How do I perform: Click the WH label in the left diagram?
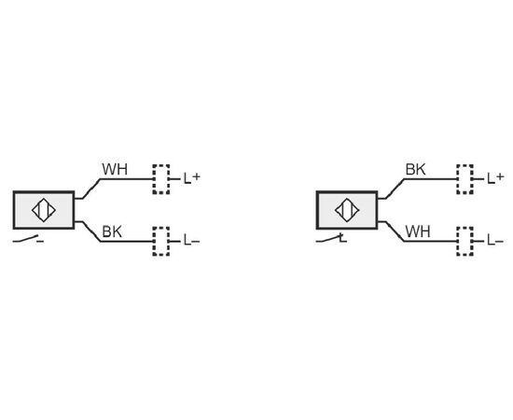115,169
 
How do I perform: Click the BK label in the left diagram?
112,231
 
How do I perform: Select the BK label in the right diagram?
415,169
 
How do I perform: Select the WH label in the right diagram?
418,231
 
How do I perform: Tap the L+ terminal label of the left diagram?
192,178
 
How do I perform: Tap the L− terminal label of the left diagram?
192,241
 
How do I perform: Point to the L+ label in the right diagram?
495,178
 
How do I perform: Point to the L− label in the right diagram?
495,241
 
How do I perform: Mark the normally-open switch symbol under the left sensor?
29,239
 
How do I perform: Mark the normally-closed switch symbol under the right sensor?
331,239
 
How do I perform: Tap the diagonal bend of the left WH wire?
91,189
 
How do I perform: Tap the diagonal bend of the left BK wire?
91,231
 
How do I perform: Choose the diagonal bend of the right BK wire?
395,189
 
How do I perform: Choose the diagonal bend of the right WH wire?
395,231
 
